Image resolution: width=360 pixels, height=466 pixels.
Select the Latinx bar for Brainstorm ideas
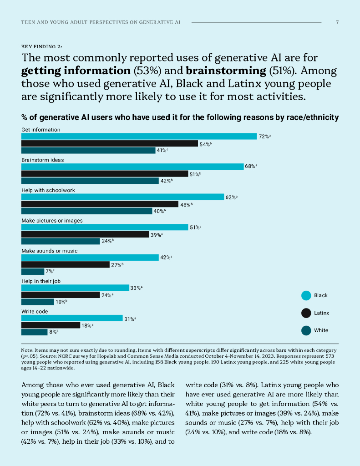[x=105, y=174]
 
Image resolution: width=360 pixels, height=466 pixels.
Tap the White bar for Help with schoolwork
[x=86, y=211]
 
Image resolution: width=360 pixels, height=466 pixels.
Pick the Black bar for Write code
[x=72, y=319]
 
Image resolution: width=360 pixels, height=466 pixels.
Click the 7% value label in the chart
[x=50, y=272]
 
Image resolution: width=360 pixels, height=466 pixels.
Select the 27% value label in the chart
[x=117, y=265]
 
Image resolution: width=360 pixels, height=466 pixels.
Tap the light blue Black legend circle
[x=306, y=296]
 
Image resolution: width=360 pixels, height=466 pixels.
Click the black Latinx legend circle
[x=306, y=313]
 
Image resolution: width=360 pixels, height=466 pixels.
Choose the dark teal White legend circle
[x=306, y=330]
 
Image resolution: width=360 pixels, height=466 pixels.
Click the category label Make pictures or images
[x=52, y=221]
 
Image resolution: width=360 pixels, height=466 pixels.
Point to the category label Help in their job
[x=41, y=281]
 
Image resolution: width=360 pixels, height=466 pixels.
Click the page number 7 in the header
[x=337, y=22]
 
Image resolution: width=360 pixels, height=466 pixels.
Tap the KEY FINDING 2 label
[x=42, y=46]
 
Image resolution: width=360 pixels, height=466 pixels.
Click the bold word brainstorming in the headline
[x=223, y=71]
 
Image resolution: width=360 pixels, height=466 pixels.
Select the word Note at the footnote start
[x=27, y=349]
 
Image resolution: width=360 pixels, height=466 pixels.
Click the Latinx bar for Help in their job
[x=61, y=295]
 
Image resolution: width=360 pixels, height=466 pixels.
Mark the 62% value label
[x=231, y=198]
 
